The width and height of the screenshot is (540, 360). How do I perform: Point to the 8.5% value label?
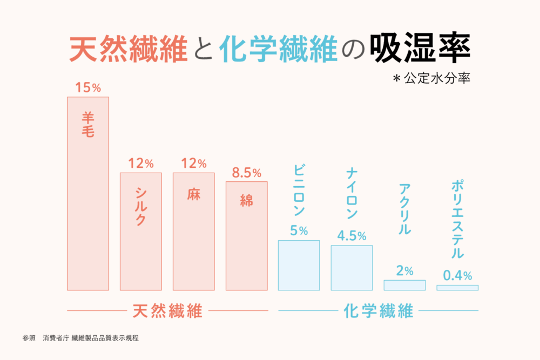[246, 173]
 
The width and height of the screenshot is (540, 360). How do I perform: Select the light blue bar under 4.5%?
[352, 268]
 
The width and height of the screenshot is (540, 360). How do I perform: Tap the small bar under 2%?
[404, 285]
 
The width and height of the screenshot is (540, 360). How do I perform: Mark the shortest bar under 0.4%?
[457, 288]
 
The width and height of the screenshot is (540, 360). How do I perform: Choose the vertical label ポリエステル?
[457, 219]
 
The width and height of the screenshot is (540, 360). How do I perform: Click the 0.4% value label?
[457, 275]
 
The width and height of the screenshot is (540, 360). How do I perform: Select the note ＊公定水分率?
[432, 79]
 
